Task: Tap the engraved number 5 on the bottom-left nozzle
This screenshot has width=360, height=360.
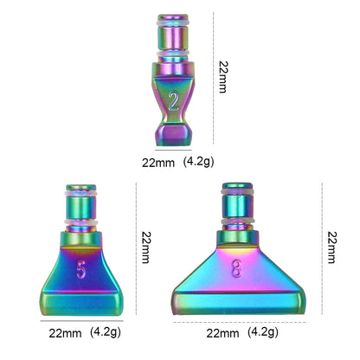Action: coord(81,271)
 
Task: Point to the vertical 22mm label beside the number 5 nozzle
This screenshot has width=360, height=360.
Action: coord(146,247)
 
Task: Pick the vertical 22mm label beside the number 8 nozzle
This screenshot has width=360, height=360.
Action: coord(331,247)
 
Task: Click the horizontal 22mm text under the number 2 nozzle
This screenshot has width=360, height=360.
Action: coord(158,161)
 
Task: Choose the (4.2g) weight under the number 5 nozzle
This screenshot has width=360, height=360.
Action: coord(109,331)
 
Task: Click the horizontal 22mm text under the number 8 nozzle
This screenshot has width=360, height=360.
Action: coord(222,333)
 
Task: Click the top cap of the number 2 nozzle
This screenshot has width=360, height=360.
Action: coord(174,19)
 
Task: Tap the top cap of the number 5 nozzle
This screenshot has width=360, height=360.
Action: coord(80,188)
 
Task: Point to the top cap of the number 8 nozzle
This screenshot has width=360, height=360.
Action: coord(236,186)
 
